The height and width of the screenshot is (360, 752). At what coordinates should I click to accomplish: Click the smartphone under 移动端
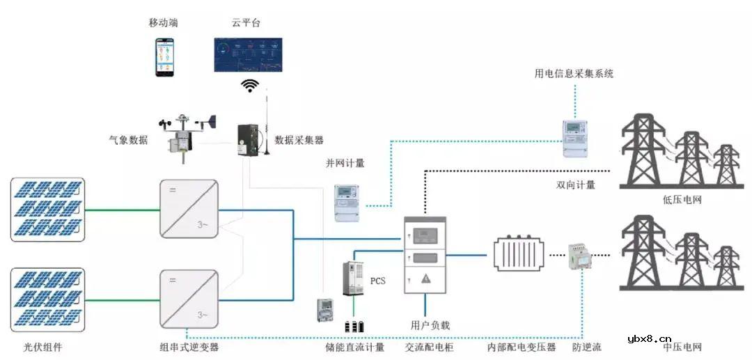(164, 56)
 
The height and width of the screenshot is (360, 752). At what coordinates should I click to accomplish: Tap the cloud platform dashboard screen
(248, 56)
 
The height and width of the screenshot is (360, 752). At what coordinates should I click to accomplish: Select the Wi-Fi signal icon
(249, 86)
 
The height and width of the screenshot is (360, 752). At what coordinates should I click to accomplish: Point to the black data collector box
(249, 141)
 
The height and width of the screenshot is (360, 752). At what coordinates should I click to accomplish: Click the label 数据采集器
(299, 140)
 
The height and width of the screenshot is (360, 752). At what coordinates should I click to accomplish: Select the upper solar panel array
(47, 209)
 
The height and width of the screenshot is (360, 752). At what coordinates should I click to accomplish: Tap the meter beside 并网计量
(349, 203)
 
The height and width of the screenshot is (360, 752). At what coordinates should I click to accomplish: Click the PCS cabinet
(354, 279)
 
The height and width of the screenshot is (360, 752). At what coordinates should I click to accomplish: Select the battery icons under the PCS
(354, 326)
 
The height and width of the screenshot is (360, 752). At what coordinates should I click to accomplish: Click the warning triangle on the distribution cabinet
(425, 278)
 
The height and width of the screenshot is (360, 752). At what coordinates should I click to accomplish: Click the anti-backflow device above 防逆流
(579, 256)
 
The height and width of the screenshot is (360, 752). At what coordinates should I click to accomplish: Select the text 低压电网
(682, 200)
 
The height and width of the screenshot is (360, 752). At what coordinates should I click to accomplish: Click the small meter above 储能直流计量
(324, 311)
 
